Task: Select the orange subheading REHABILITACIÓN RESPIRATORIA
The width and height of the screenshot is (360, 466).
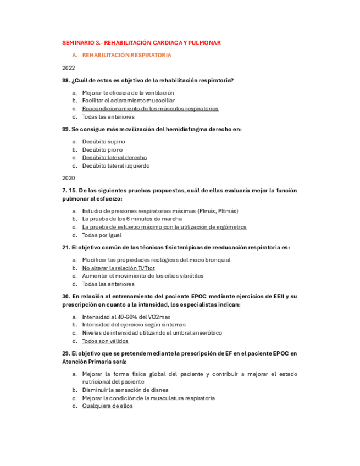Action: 126,56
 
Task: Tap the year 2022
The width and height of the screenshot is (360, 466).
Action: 68,68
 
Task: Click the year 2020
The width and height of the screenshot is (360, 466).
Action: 68,178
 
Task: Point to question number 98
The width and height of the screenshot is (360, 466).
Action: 66,81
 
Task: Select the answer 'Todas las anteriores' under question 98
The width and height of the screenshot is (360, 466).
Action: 108,117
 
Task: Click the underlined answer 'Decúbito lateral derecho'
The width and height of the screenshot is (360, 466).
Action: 114,158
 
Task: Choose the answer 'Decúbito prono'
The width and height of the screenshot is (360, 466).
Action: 102,149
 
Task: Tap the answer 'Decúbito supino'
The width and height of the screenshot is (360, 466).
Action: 103,142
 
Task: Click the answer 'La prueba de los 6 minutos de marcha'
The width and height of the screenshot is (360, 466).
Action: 132,219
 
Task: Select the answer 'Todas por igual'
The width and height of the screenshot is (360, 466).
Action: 102,235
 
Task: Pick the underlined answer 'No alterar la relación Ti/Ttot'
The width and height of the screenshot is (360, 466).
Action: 118,268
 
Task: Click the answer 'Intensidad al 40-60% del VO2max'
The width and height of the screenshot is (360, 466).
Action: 126,317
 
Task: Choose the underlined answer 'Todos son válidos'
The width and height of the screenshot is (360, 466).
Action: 105,341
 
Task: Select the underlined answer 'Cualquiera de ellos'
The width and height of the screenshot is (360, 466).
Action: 107,406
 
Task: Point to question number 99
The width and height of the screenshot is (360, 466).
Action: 66,129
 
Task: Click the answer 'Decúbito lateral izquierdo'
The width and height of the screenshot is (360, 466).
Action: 116,166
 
